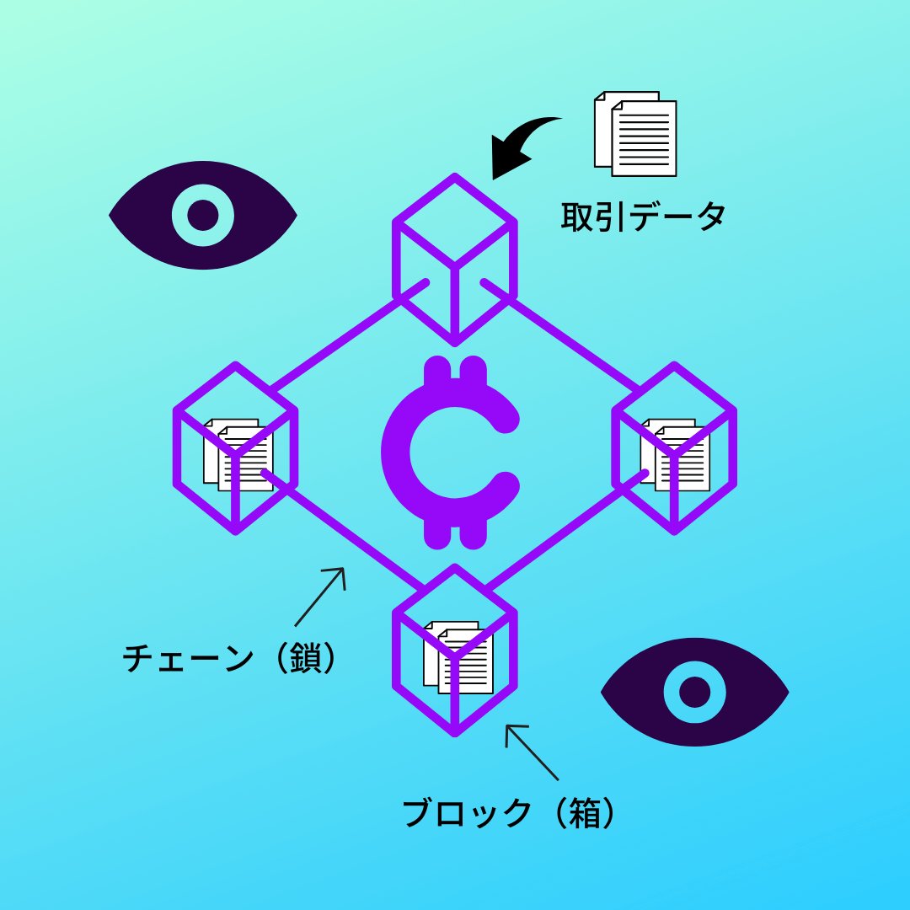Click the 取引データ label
click(643, 217)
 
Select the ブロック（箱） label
click(511, 813)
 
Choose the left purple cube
click(235, 447)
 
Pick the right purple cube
click(674, 447)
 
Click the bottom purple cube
click(454, 650)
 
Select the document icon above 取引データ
click(636, 133)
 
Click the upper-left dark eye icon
click(202, 216)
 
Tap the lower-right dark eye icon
click(694, 692)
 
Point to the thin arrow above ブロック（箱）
click(530, 750)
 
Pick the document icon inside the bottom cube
click(458, 657)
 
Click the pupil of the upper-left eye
click(202, 216)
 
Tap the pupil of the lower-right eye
click(694, 692)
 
